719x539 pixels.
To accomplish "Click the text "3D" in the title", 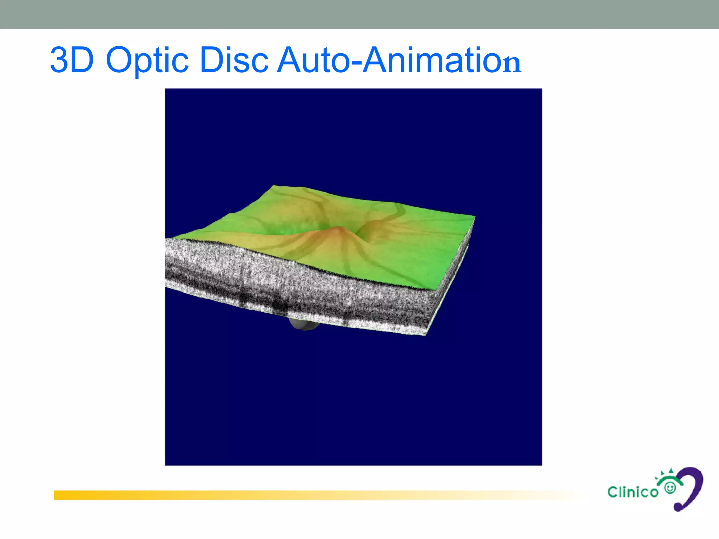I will click(72, 60).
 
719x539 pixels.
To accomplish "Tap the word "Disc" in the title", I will click(234, 60).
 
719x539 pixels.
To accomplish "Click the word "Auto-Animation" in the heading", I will click(399, 60).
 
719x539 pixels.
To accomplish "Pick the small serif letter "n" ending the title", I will click(512, 64).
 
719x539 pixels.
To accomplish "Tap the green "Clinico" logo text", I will click(633, 492).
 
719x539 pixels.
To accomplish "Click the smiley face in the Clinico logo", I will click(670, 488).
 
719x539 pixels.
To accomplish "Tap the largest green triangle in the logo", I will click(671, 471).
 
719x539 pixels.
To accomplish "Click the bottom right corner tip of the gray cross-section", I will click(426, 335).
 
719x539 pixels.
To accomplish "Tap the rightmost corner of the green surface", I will click(474, 217).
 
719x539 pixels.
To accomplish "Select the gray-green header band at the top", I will click(359, 14).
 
